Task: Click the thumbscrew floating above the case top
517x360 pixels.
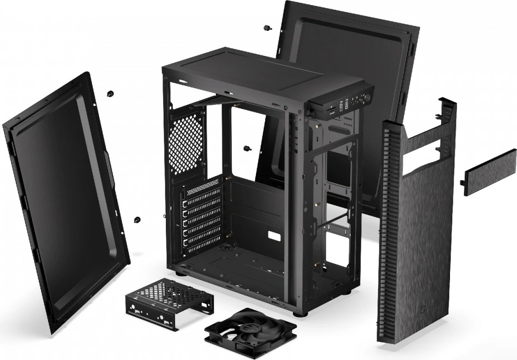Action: click(267, 28)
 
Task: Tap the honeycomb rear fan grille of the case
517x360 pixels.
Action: click(186, 142)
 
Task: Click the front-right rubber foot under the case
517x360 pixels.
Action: click(303, 313)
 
